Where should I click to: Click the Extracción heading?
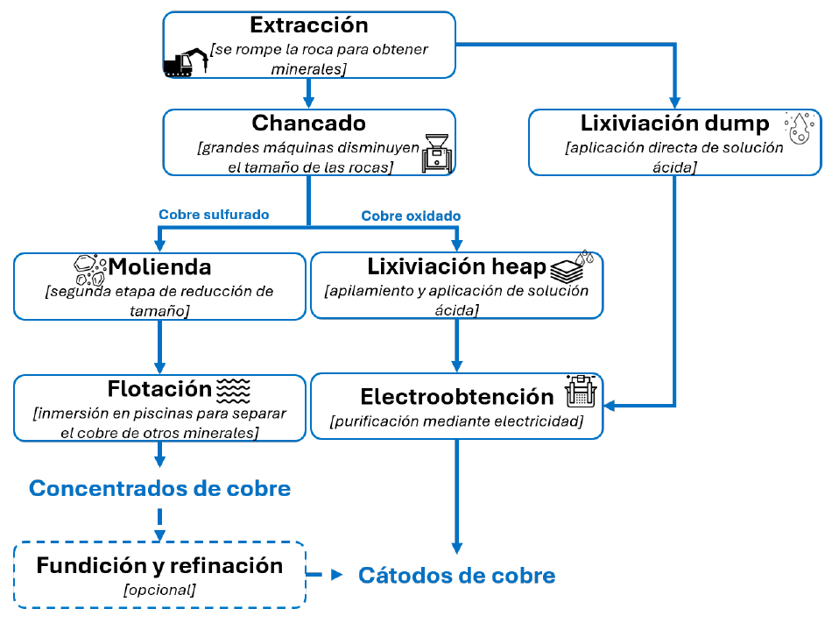point(309,25)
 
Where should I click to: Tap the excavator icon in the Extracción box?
point(186,62)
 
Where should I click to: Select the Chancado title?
point(309,123)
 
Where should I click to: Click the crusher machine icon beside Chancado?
point(437,153)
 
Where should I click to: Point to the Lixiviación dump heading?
point(674,123)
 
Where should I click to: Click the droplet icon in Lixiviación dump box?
point(799,128)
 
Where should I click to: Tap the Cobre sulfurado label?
point(214,215)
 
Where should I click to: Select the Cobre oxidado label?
point(411,216)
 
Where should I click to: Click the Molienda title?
point(159,266)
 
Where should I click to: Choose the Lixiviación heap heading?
point(456,266)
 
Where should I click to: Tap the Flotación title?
point(159,388)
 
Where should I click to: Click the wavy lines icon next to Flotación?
point(234,391)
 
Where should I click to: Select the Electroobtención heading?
point(457,396)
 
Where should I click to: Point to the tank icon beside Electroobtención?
point(581,391)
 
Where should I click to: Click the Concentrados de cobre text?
point(159,488)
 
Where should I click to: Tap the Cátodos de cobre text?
point(457,575)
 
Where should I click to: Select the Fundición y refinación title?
point(159,565)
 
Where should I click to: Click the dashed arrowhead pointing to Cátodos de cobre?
point(336,574)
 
